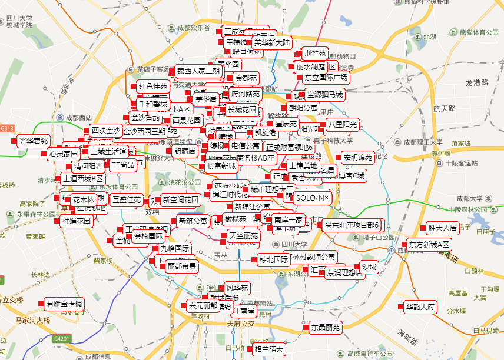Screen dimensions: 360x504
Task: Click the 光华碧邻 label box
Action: [x=34, y=141]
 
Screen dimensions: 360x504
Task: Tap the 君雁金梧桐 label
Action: [x=64, y=304]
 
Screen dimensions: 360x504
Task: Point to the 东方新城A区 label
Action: [x=429, y=244]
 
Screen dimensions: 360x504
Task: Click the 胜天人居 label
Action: [x=443, y=228]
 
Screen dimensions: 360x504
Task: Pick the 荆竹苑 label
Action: [x=314, y=54]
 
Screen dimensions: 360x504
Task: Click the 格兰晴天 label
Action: [x=269, y=349]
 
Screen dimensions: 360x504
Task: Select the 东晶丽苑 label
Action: [x=326, y=327]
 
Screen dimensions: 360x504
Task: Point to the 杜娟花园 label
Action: [x=77, y=221]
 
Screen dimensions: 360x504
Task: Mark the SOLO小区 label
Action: [x=313, y=198]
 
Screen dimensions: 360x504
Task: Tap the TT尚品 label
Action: [x=122, y=165]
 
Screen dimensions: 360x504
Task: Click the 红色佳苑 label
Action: [x=154, y=86]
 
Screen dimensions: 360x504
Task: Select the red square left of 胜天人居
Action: [x=422, y=228]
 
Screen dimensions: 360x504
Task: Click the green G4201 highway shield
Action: [x=61, y=339]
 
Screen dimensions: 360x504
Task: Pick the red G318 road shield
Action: [x=7, y=128]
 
